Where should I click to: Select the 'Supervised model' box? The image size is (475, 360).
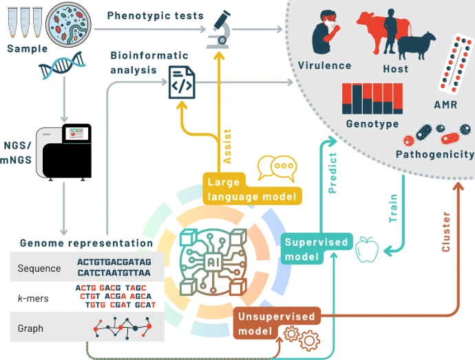pyautogui.click(x=316, y=249)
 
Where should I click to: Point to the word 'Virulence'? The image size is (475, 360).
pyautogui.click(x=324, y=66)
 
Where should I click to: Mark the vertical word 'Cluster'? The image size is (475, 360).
pyautogui.click(x=446, y=231)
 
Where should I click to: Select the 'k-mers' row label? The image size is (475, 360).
pyautogui.click(x=30, y=298)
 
